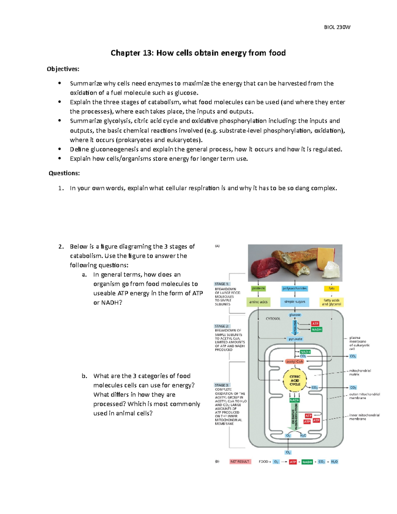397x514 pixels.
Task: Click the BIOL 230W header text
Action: tap(337, 27)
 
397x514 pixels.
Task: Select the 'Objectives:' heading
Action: tap(63, 69)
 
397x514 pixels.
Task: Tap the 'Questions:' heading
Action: tap(64, 173)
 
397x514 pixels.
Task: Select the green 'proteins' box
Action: tap(258, 289)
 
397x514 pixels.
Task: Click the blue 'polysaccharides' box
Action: tap(294, 289)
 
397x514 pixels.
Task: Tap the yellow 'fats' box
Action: tap(331, 289)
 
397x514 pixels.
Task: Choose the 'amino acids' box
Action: tap(258, 302)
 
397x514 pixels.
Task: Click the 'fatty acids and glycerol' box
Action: tap(331, 302)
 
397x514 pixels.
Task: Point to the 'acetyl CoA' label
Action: tap(294, 361)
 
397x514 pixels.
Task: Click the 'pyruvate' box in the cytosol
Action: tap(295, 339)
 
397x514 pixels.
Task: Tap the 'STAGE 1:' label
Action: tap(222, 284)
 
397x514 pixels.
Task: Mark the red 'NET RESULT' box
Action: tap(240, 461)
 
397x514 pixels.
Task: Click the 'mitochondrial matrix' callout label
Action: tap(360, 372)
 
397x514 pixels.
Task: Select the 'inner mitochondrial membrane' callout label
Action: tap(364, 417)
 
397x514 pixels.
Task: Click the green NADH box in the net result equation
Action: tap(307, 462)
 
